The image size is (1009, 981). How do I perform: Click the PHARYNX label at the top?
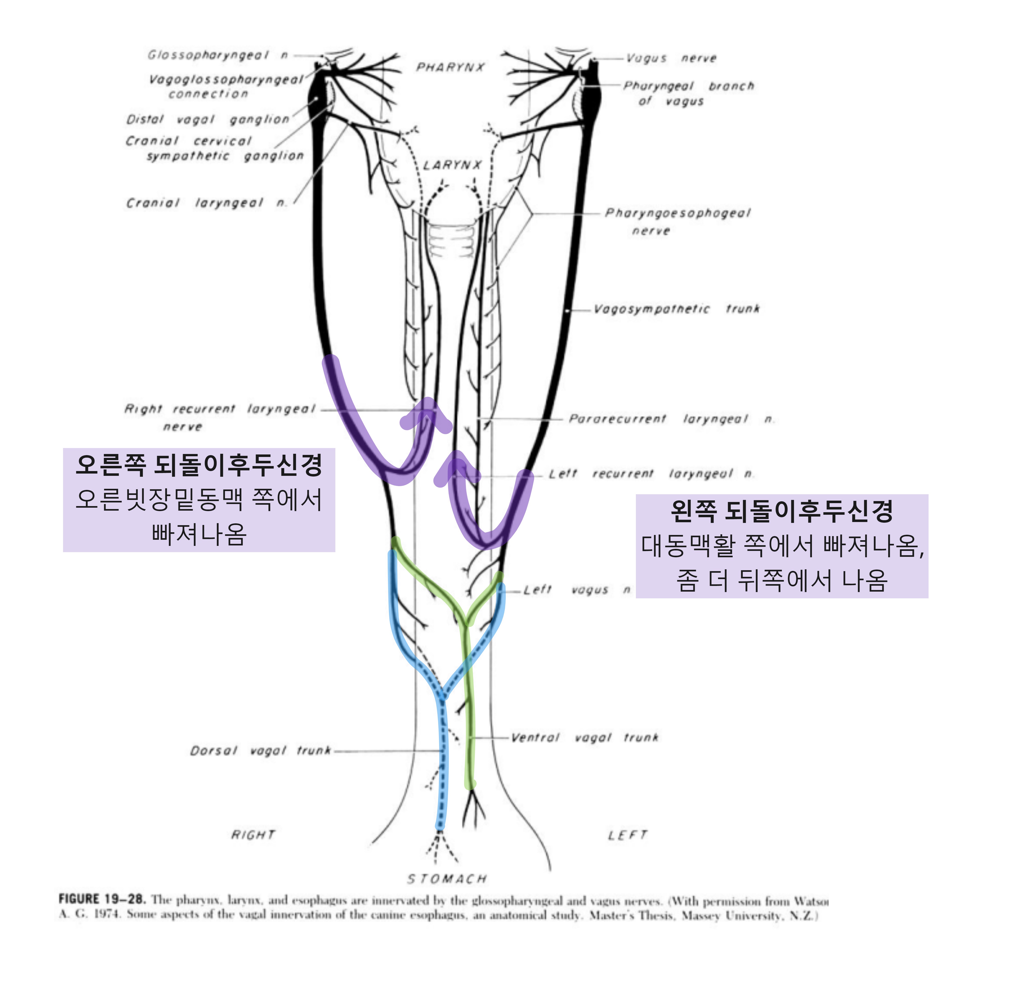tap(450, 68)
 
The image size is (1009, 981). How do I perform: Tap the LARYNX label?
tap(452, 165)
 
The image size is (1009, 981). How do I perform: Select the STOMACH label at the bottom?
tap(447, 879)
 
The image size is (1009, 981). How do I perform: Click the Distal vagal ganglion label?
tap(208, 120)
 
